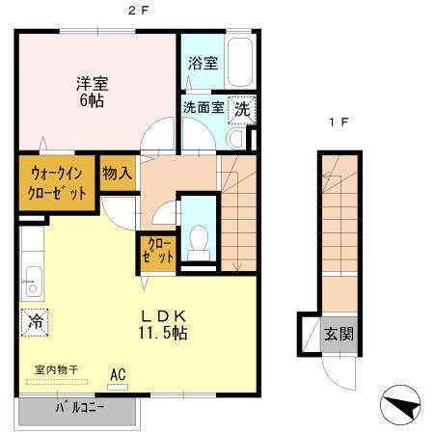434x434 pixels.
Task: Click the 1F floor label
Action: point(336,123)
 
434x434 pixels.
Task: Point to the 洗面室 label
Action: point(203,107)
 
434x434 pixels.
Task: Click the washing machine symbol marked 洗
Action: point(243,108)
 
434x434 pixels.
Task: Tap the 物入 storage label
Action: point(117,173)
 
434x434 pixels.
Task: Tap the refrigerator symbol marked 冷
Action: point(35,320)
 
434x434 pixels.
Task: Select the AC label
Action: point(118,372)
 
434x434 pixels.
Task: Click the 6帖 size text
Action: point(93,100)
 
